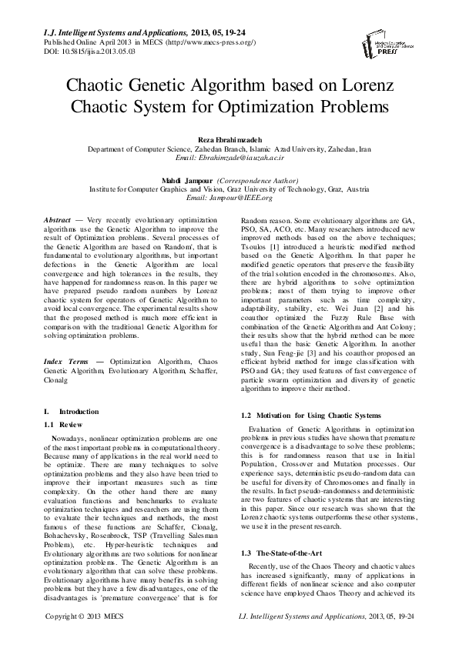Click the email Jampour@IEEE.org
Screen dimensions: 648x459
point(229,197)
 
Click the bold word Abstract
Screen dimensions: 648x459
point(59,220)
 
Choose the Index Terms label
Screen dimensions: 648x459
point(66,339)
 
